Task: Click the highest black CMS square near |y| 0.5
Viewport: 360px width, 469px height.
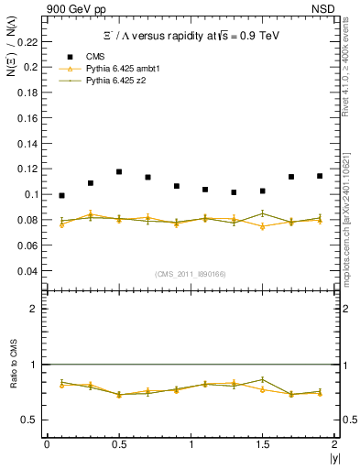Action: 119,171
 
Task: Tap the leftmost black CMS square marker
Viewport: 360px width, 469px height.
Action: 61,195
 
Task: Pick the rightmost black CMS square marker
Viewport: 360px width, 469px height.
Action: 320,176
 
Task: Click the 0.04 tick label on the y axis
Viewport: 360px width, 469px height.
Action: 28,271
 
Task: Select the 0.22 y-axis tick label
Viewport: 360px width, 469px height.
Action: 28,42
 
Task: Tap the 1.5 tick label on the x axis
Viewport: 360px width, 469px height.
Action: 262,443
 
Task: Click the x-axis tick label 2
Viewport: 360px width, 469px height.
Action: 334,443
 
